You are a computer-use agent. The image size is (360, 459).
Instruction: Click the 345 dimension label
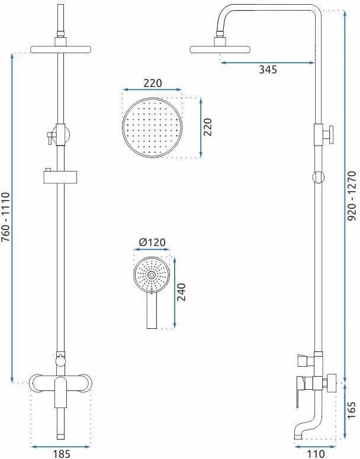coord(268,70)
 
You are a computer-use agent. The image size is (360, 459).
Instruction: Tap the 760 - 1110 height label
coord(6,217)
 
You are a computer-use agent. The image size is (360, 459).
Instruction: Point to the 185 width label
coord(62,454)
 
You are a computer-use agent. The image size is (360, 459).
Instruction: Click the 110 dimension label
coord(316,454)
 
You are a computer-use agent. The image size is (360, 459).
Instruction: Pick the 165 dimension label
coord(352,410)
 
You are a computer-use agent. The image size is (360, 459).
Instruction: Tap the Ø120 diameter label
coord(152,243)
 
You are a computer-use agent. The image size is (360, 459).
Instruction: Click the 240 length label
coord(182,292)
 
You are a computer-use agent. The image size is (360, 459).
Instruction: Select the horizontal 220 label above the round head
coord(152,83)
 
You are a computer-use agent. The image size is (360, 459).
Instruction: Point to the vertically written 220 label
coord(207,127)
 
